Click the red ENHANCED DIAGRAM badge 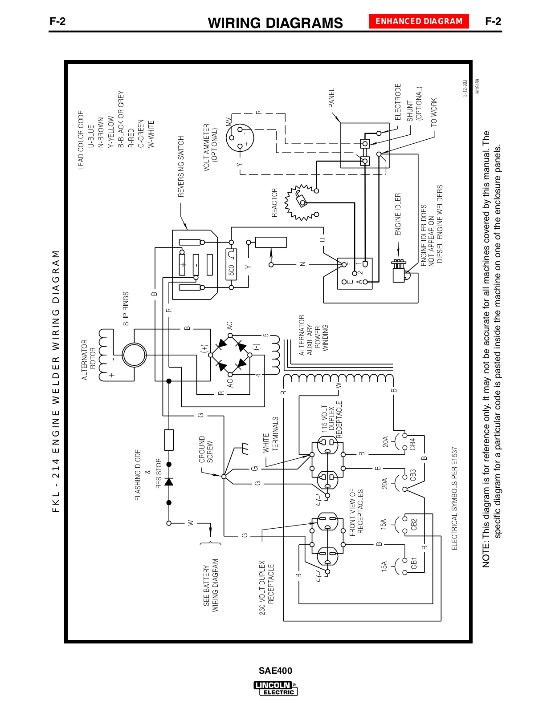click(419, 21)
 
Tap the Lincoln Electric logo click(275, 688)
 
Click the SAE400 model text click(275, 671)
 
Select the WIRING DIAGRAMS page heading click(275, 23)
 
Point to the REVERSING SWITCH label click(181, 166)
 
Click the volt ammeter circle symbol click(240, 138)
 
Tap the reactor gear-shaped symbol click(299, 202)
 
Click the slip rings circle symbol click(134, 355)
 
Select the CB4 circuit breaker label click(412, 444)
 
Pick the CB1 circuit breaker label click(413, 563)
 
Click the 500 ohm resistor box click(231, 264)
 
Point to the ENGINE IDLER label click(398, 214)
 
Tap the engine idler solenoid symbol click(400, 271)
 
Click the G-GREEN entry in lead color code click(141, 133)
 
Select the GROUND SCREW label click(206, 449)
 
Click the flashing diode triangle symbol click(169, 481)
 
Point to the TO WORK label click(433, 113)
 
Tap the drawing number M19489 click(478, 86)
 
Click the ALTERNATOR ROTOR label click(88, 360)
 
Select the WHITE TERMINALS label click(270, 434)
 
